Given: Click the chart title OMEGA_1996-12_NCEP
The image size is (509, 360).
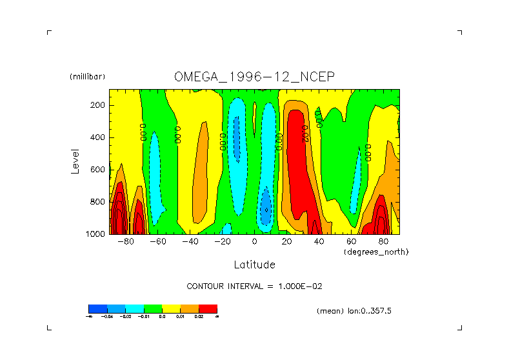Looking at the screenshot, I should [254, 77].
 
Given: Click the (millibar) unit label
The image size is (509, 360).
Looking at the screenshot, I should [87, 77].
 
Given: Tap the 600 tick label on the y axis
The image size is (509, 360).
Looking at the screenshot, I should [98, 170].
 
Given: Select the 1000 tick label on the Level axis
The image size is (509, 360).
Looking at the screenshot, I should [96, 234].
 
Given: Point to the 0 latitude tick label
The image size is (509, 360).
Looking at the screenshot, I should [254, 242].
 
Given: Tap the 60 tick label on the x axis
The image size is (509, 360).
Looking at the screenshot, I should [351, 242].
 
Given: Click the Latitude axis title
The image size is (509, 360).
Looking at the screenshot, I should [254, 265].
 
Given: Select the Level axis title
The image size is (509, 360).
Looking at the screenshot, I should [75, 161].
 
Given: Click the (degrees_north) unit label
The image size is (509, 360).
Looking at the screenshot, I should [376, 252].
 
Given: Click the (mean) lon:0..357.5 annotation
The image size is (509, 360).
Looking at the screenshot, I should [354, 311].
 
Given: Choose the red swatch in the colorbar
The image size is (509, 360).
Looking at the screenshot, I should [208, 309].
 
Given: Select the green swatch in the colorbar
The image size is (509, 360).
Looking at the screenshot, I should [152, 309].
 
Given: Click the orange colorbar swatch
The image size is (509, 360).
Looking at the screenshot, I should [189, 309].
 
